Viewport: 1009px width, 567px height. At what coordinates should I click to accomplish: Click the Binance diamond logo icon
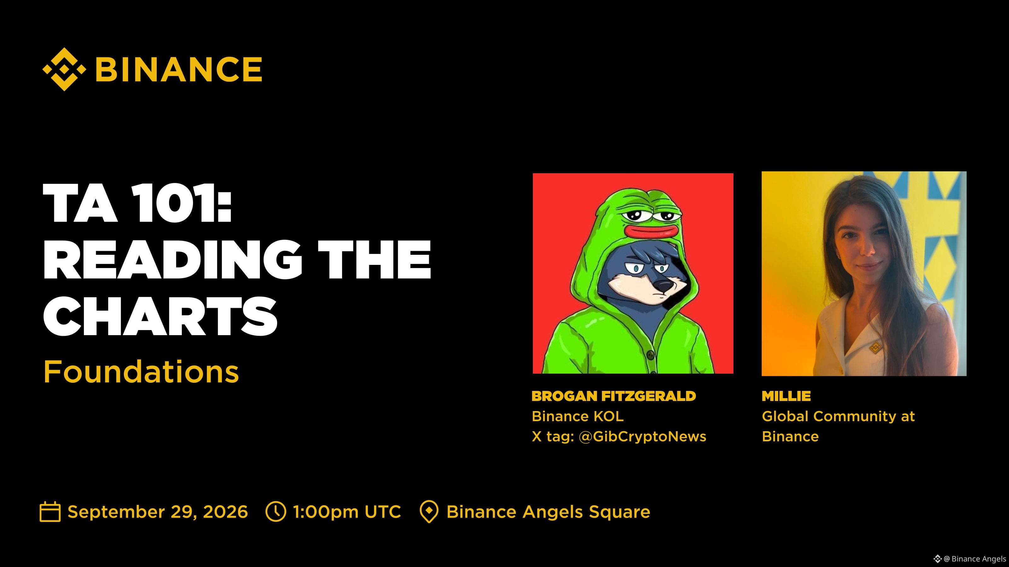[64, 69]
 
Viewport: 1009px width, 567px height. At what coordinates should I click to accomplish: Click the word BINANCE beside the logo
[178, 69]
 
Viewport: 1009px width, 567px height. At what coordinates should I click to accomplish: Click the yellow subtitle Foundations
[141, 371]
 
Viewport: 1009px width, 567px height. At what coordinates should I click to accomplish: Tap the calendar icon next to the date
[50, 512]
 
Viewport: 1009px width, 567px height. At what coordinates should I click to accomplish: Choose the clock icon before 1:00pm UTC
[276, 512]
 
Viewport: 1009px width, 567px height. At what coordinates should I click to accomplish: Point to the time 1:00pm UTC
[347, 512]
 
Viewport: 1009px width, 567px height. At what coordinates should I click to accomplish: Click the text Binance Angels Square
[548, 512]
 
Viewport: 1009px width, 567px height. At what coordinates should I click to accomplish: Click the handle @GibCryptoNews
[642, 436]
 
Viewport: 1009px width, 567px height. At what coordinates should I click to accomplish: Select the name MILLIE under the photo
[786, 396]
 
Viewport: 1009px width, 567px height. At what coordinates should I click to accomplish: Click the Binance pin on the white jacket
[875, 347]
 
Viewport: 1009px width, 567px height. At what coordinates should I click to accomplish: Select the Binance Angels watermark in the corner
[970, 558]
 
